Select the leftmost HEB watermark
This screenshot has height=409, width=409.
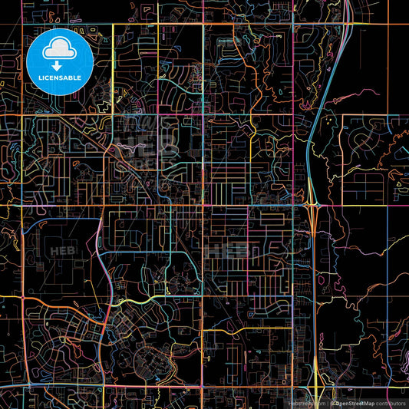58,250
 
